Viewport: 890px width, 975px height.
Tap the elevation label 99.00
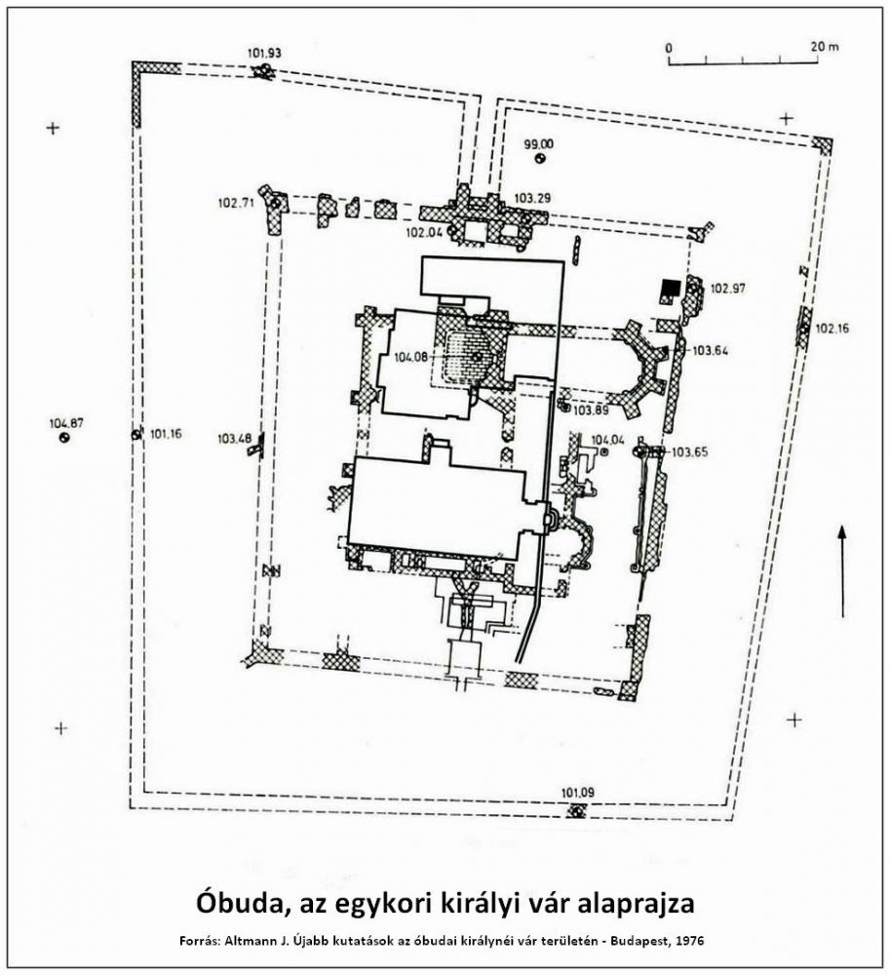point(539,145)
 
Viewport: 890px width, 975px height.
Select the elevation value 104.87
point(66,423)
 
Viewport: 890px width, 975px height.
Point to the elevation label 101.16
point(166,434)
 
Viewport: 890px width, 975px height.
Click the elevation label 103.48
point(234,439)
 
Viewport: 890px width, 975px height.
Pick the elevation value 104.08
point(410,358)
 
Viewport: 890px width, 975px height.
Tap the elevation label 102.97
point(728,289)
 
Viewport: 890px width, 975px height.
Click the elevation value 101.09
point(577,793)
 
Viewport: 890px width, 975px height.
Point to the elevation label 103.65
point(690,452)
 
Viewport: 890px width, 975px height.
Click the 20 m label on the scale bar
point(824,47)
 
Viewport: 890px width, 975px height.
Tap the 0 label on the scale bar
point(669,48)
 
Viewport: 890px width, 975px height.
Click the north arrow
point(842,571)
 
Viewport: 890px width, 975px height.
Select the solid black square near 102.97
point(670,288)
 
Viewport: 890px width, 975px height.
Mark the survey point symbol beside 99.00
point(539,159)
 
